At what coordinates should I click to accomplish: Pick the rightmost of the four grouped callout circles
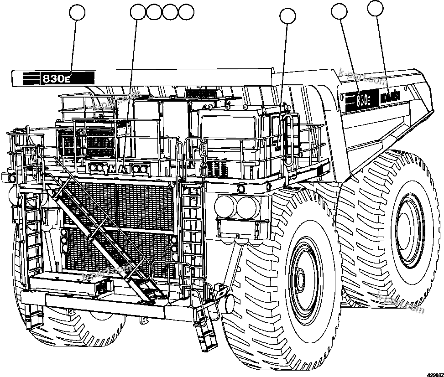pyautogui.click(x=186, y=12)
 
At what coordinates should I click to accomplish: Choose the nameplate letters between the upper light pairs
pyautogui.click(x=120, y=169)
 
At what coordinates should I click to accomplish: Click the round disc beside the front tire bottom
pyautogui.click(x=227, y=303)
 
